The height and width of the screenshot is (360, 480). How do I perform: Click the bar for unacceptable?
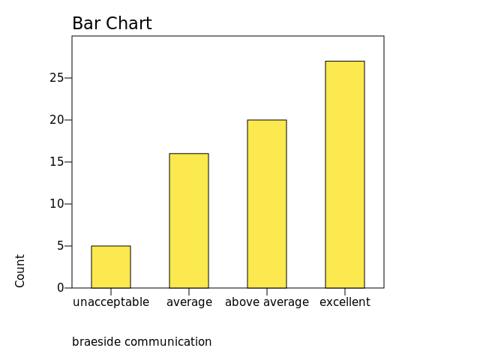[x=111, y=267]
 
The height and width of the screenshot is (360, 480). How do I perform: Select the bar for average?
[x=189, y=220]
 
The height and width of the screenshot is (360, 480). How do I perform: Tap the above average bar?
[x=267, y=204]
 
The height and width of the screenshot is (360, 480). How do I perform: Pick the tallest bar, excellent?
[x=345, y=175]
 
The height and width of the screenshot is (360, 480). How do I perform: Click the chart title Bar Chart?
[x=112, y=24]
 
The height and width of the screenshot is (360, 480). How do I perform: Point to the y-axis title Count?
[x=20, y=270]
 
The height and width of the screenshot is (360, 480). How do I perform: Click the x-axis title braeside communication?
[x=142, y=342]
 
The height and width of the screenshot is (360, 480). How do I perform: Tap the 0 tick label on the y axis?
[x=61, y=288]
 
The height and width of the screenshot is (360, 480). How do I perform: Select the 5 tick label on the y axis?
[x=61, y=246]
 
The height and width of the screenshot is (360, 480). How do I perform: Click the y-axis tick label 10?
[x=57, y=204]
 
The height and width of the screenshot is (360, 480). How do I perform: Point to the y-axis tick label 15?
[x=57, y=162]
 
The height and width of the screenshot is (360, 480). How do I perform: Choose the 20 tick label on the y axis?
[x=57, y=120]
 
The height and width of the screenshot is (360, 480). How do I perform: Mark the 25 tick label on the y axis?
[x=57, y=78]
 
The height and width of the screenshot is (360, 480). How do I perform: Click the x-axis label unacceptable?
[x=111, y=302]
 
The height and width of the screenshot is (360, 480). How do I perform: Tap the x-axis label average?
[x=189, y=302]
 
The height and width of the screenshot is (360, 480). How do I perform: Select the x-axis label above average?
[x=267, y=302]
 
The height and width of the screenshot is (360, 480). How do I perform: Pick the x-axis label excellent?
[x=345, y=302]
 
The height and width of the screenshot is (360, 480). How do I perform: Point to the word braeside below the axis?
[x=96, y=342]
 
